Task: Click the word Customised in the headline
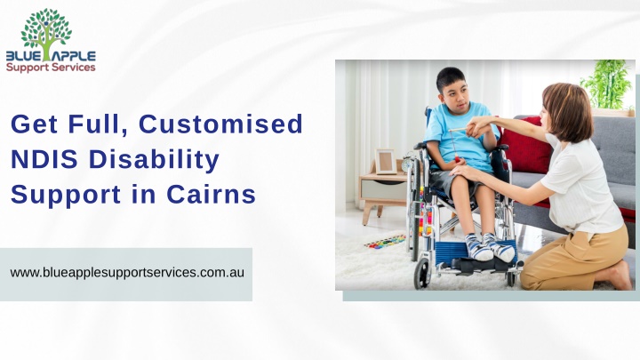click(220, 124)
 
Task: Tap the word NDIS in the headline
click(44, 159)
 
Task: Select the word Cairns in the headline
click(211, 195)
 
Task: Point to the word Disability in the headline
click(155, 160)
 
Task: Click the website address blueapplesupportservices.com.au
click(127, 272)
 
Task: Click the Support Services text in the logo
click(51, 68)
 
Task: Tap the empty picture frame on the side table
click(385, 162)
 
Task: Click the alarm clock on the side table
click(408, 162)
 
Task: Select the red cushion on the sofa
click(525, 146)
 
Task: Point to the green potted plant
click(608, 84)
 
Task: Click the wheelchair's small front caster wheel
click(421, 274)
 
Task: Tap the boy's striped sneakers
click(490, 247)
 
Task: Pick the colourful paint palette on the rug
click(385, 242)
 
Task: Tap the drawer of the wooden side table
click(383, 190)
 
